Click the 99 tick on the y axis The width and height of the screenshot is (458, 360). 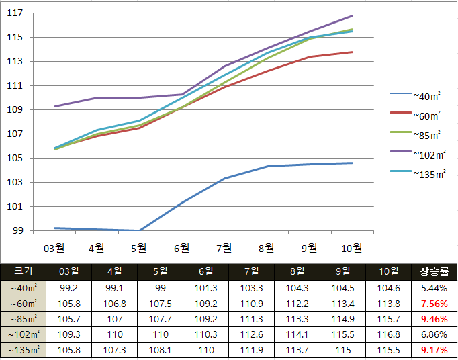[17, 231]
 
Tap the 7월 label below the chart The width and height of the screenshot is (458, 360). [224, 249]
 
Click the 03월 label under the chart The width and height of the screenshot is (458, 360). [54, 249]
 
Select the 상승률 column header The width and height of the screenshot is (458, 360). [434, 272]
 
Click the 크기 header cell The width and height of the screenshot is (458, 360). [23, 271]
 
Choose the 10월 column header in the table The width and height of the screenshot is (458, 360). [388, 272]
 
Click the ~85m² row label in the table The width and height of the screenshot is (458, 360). [24, 320]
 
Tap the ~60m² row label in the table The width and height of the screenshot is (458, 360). [24, 304]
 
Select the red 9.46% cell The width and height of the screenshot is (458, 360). [434, 320]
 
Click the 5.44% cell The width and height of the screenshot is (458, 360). [434, 289]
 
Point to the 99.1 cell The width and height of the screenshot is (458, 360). [115, 289]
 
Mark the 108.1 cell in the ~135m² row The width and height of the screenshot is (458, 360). [161, 350]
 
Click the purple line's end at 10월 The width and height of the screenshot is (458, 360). [353, 15]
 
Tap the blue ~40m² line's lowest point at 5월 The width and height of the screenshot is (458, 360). [140, 230]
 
